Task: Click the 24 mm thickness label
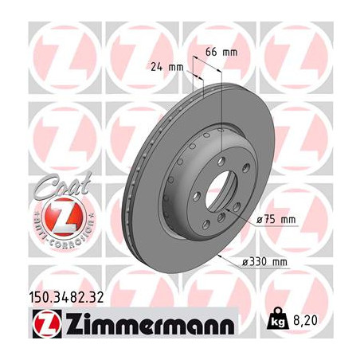[x=166, y=67]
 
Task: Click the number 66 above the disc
[x=212, y=52]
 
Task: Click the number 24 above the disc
[x=155, y=67]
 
